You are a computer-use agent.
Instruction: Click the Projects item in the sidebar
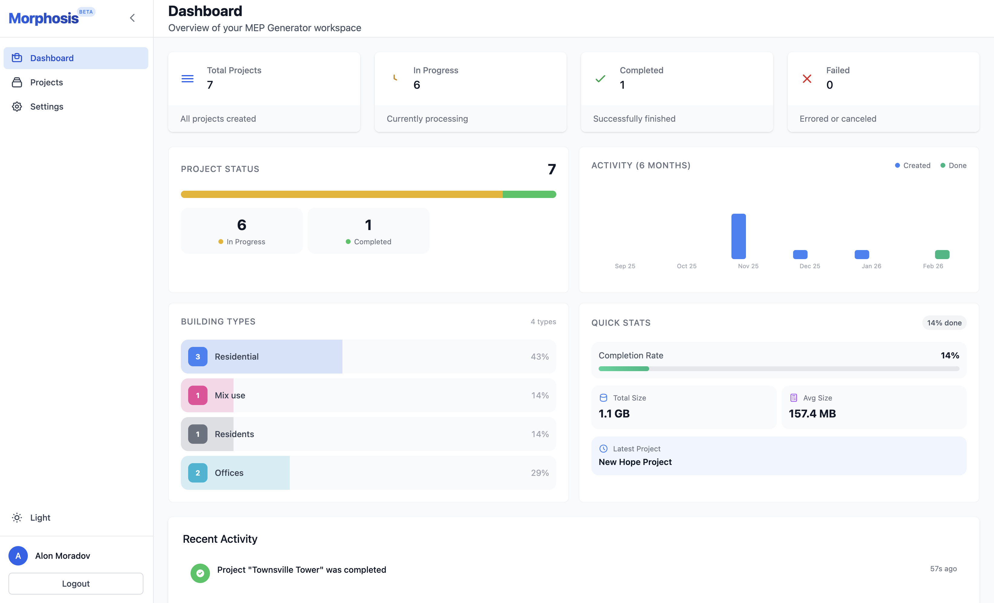pyautogui.click(x=46, y=82)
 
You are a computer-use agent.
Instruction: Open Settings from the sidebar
pyautogui.click(x=46, y=107)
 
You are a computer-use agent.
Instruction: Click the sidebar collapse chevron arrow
pyautogui.click(x=132, y=18)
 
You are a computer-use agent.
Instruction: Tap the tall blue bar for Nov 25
pyautogui.click(x=738, y=236)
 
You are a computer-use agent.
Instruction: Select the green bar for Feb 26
pyautogui.click(x=942, y=255)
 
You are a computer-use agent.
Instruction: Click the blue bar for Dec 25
pyautogui.click(x=800, y=255)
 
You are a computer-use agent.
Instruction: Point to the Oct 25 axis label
pyautogui.click(x=686, y=266)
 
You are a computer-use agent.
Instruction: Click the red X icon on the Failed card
pyautogui.click(x=807, y=79)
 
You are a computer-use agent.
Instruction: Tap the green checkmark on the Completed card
pyautogui.click(x=600, y=79)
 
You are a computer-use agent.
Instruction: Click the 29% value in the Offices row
pyautogui.click(x=539, y=473)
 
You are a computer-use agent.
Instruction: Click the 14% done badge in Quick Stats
pyautogui.click(x=944, y=323)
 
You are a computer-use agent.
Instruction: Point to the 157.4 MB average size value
pyautogui.click(x=812, y=414)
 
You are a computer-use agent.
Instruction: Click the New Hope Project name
pyautogui.click(x=635, y=462)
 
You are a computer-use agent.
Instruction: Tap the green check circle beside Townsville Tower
pyautogui.click(x=200, y=573)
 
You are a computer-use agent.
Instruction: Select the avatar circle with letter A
pyautogui.click(x=18, y=556)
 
